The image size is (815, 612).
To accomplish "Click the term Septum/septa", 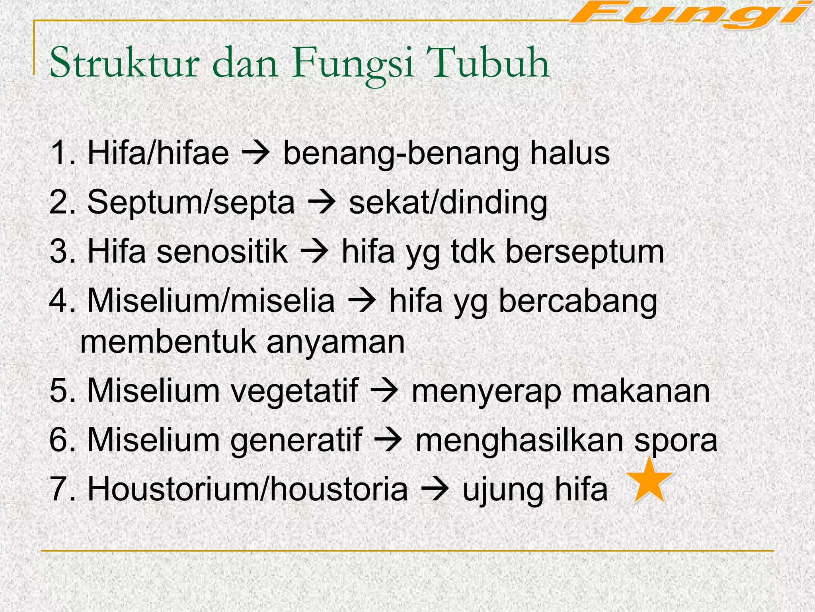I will (x=191, y=203).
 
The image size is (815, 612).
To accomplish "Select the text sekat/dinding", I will (x=448, y=203).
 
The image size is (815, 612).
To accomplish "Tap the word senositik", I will (x=222, y=252).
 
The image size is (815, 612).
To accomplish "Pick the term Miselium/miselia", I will (x=211, y=301).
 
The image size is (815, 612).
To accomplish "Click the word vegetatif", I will (x=294, y=391).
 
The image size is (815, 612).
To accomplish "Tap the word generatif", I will (x=296, y=441).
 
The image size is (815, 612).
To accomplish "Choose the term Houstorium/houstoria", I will (x=248, y=489).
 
